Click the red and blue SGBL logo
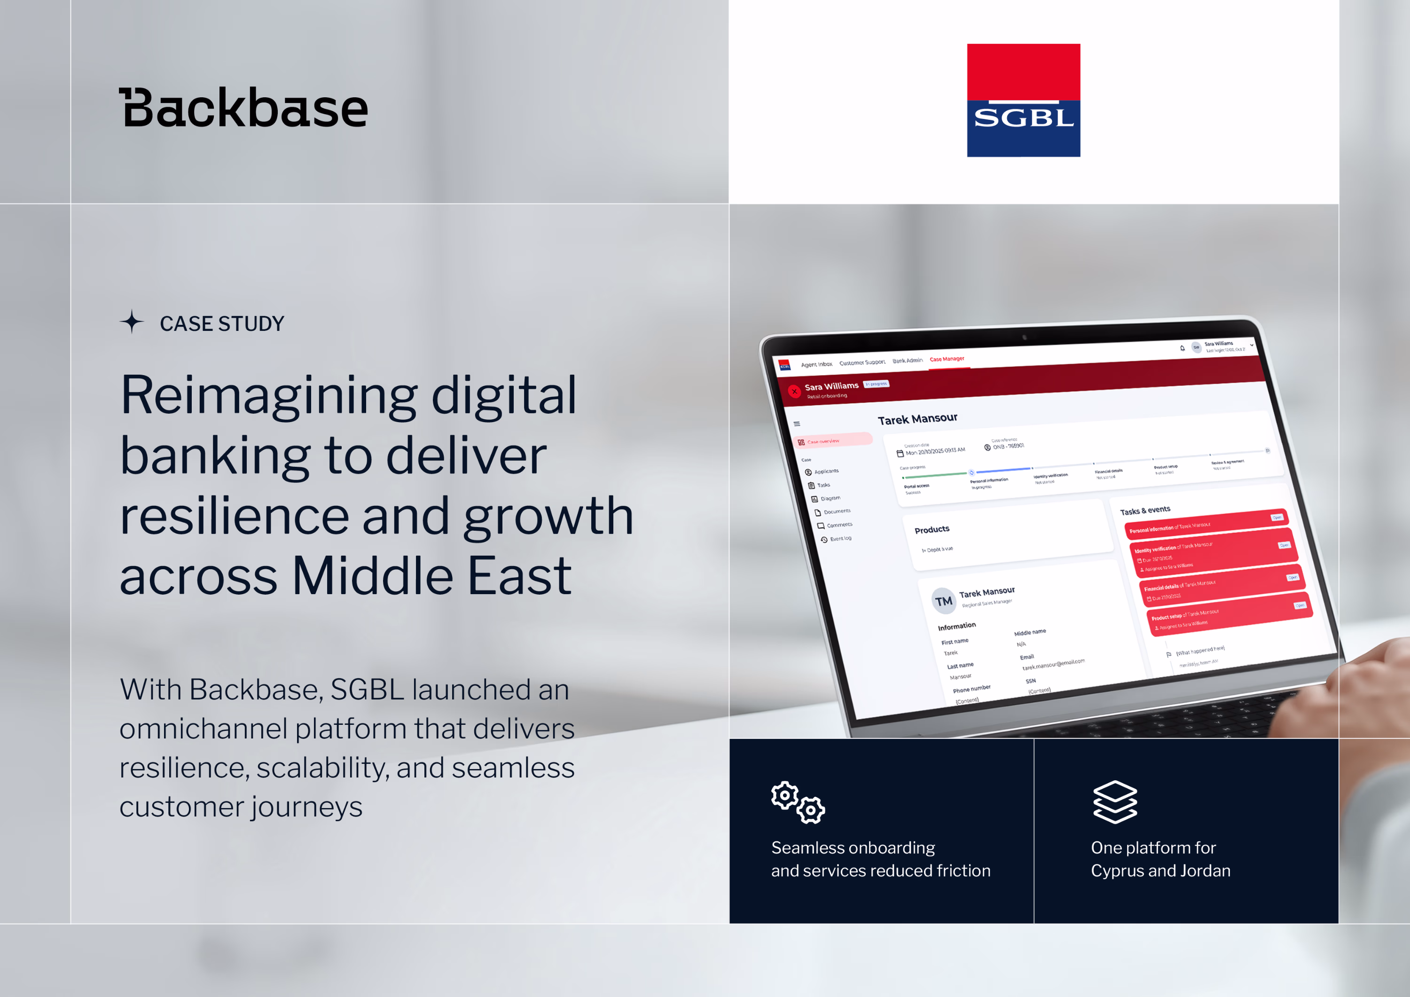pyautogui.click(x=1023, y=100)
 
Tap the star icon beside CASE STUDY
pyautogui.click(x=132, y=322)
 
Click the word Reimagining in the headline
pyautogui.click(x=268, y=396)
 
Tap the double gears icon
pyautogui.click(x=797, y=801)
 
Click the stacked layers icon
pyautogui.click(x=1115, y=801)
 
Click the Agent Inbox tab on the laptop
pyautogui.click(x=816, y=364)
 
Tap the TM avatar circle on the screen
pyautogui.click(x=943, y=601)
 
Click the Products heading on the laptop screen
pyautogui.click(x=932, y=529)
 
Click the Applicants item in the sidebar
pyautogui.click(x=826, y=471)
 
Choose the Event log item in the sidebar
pyautogui.click(x=840, y=539)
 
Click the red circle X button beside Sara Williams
pyautogui.click(x=794, y=391)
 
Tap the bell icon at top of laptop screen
pyautogui.click(x=1182, y=348)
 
